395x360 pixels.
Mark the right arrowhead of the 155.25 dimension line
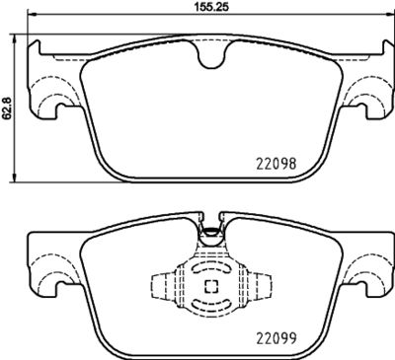click(x=385, y=17)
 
